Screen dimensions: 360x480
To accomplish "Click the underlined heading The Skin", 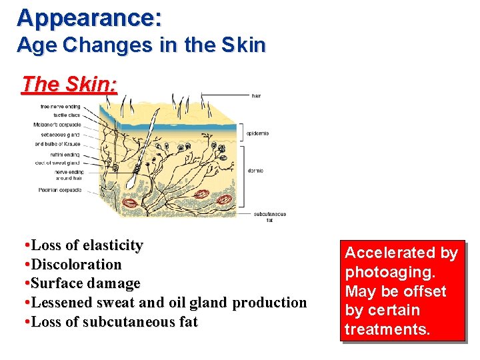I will pos(69,85).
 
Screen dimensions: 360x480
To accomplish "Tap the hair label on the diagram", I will pos(256,96).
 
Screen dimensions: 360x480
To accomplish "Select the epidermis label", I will pos(257,133).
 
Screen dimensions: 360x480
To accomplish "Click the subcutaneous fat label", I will pos(269,217).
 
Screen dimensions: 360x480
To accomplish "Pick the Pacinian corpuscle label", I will pos(60,190).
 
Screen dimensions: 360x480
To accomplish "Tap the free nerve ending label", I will pos(60,106).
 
